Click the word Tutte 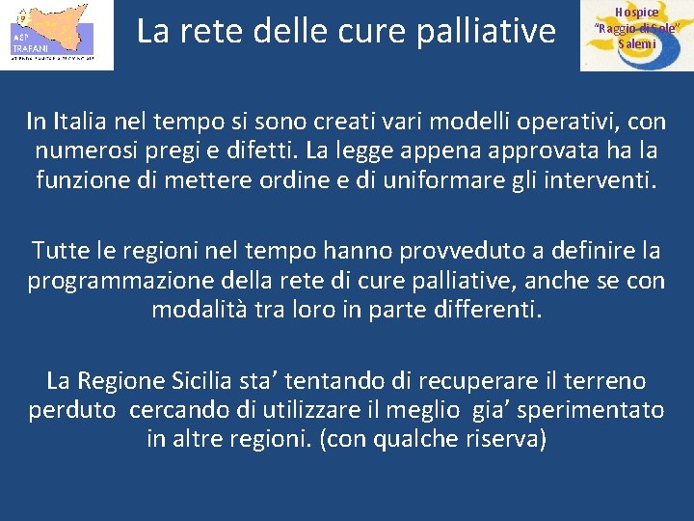point(62,251)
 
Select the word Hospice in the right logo point(636,12)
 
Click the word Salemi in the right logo point(636,43)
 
